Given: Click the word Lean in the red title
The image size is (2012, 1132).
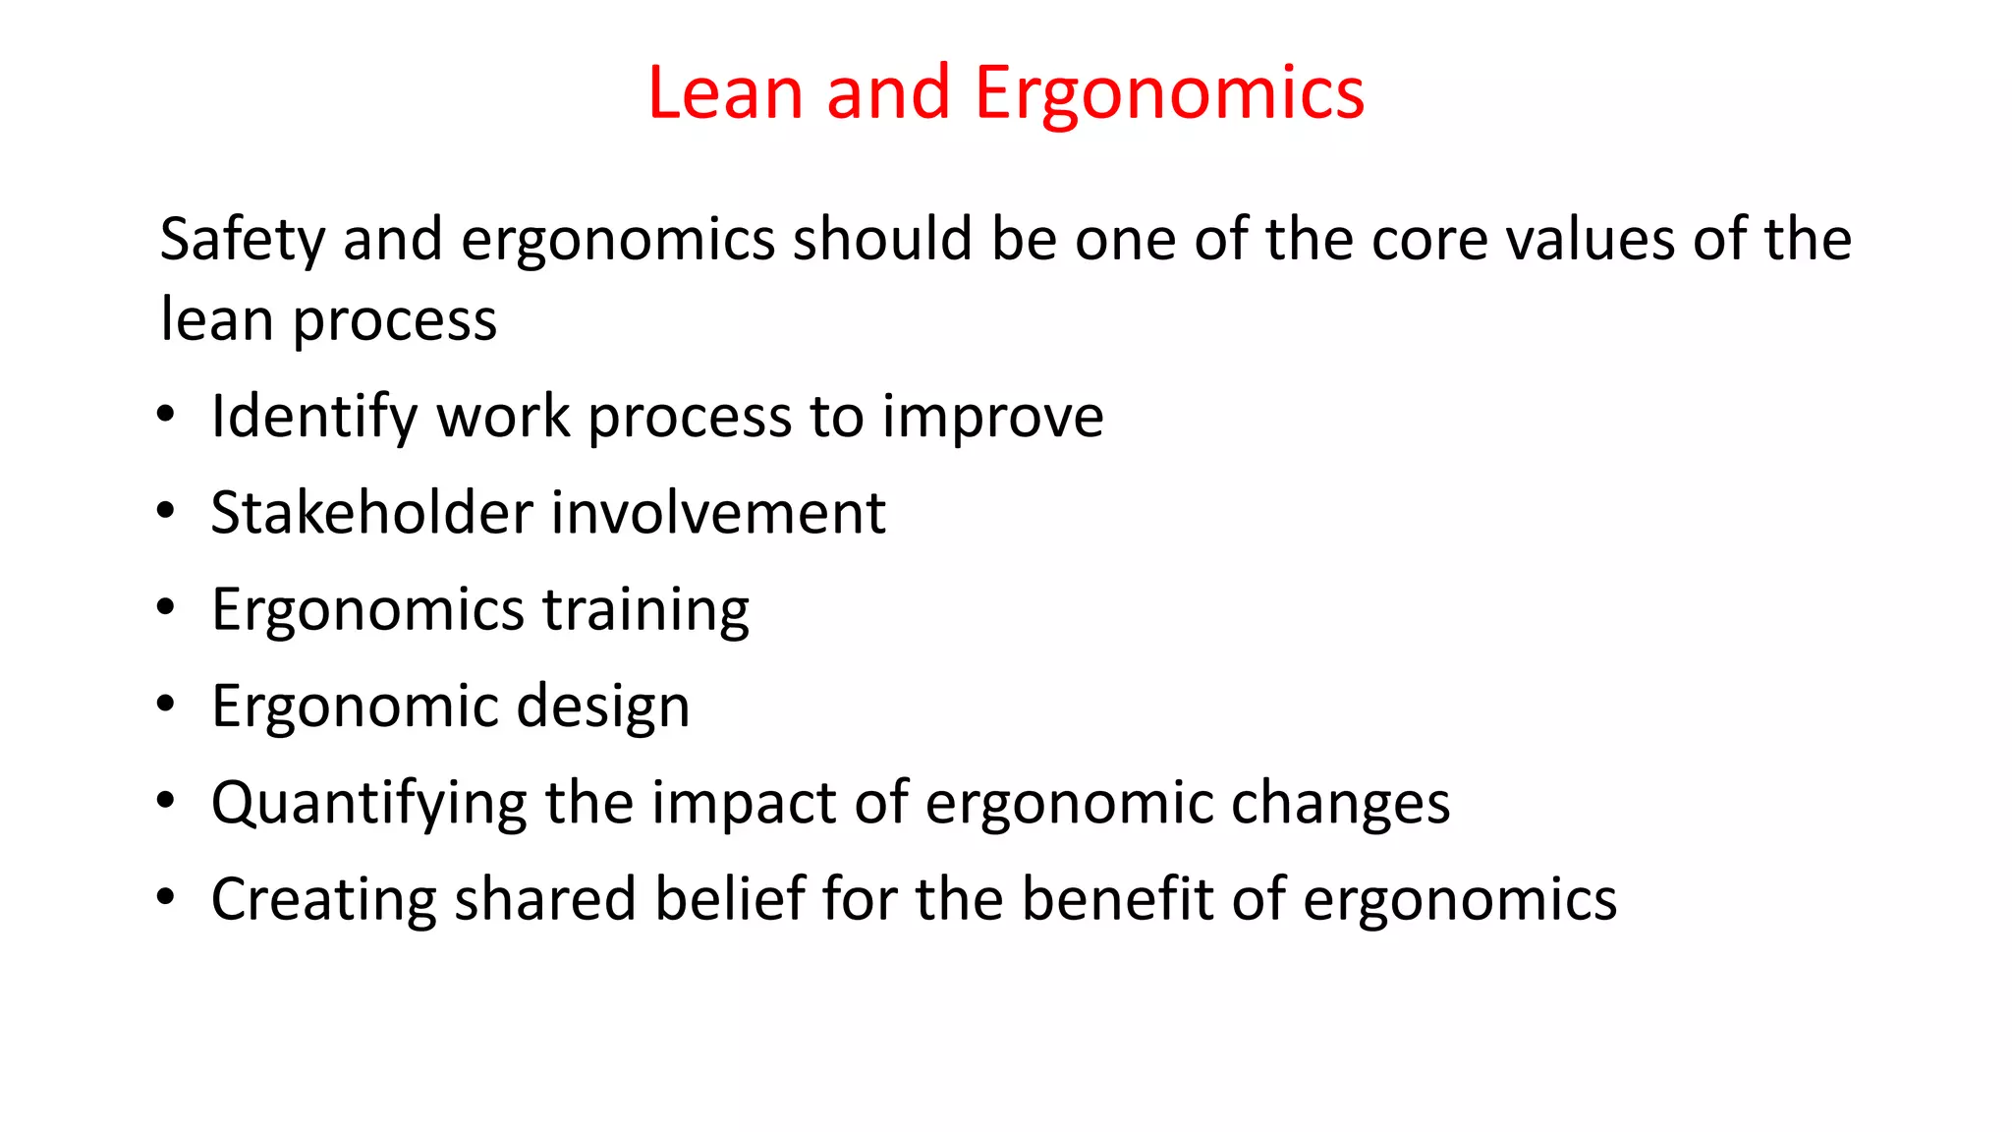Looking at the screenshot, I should (x=725, y=93).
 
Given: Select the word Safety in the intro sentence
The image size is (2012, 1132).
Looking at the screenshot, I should (x=242, y=241).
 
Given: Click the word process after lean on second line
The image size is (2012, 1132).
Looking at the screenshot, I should (x=395, y=322).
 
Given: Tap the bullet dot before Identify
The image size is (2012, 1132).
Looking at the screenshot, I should (x=165, y=415).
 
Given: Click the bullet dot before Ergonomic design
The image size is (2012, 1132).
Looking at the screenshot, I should (x=165, y=704).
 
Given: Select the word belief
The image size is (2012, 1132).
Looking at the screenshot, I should (x=730, y=899).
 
